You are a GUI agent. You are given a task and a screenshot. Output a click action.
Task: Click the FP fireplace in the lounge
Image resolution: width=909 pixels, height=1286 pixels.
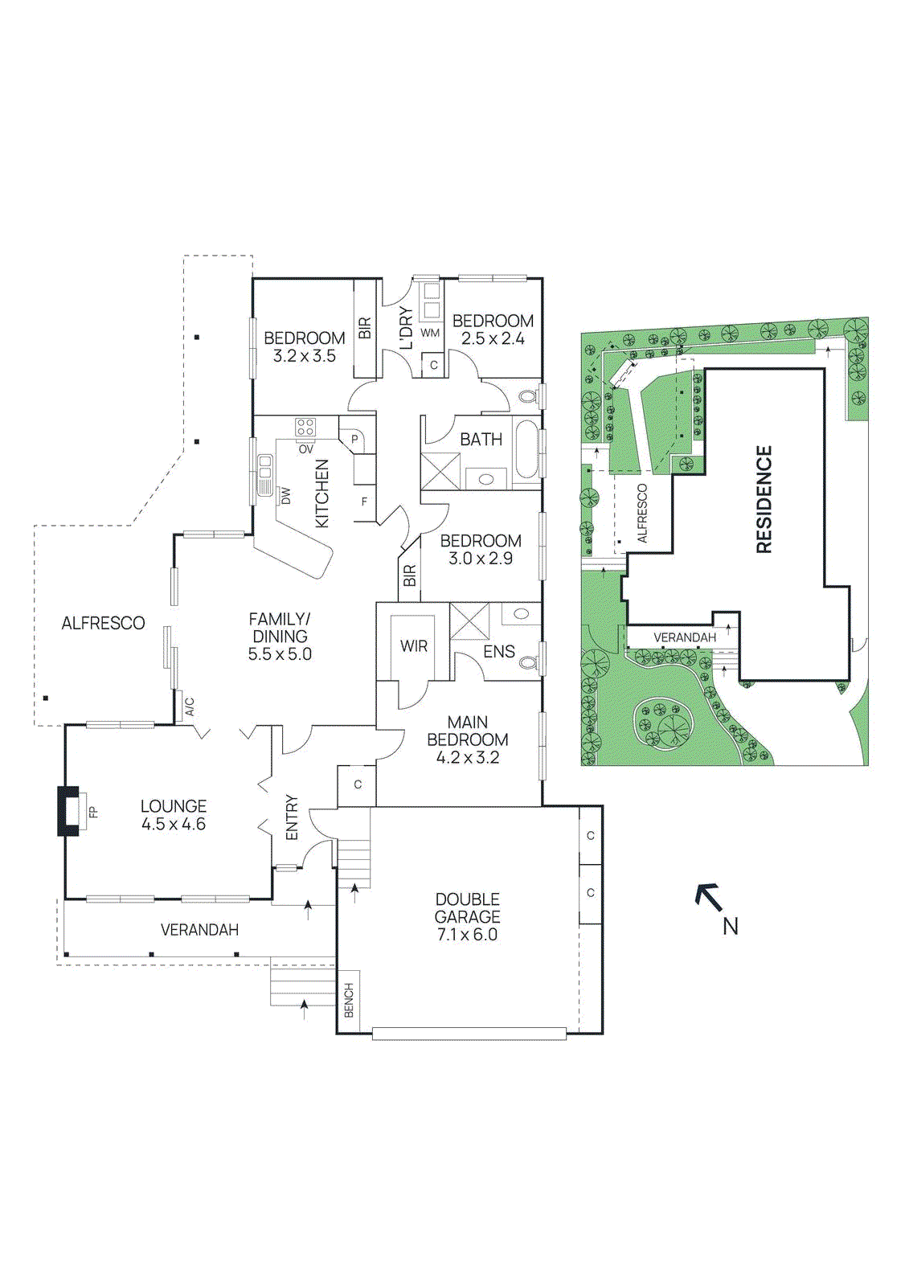pyautogui.click(x=72, y=811)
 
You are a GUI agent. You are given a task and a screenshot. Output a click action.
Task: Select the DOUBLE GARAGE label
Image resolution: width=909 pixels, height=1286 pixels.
pyautogui.click(x=467, y=907)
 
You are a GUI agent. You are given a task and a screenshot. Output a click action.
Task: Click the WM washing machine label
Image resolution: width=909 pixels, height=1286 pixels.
pyautogui.click(x=430, y=333)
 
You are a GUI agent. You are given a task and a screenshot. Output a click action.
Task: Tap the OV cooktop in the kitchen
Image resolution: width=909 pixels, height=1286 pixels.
pyautogui.click(x=305, y=428)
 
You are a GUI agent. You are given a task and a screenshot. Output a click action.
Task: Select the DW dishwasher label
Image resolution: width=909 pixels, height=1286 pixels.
pyautogui.click(x=285, y=497)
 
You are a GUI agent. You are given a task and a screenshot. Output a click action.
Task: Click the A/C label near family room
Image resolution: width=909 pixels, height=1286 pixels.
pyautogui.click(x=190, y=707)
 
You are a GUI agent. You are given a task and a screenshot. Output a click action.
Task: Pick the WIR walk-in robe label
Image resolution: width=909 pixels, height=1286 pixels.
pyautogui.click(x=414, y=646)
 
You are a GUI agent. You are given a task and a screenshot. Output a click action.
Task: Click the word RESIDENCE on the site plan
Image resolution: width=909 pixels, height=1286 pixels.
pyautogui.click(x=764, y=499)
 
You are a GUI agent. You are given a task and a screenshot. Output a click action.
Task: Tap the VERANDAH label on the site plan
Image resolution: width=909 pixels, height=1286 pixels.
pyautogui.click(x=684, y=637)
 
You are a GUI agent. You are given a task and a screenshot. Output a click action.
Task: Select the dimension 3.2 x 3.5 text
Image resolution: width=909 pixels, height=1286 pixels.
pyautogui.click(x=304, y=356)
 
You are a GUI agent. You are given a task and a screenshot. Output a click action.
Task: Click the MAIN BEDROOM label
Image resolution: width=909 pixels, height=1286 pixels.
pyautogui.click(x=467, y=731)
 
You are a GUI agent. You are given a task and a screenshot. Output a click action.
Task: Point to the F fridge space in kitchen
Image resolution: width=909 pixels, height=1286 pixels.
pyautogui.click(x=364, y=502)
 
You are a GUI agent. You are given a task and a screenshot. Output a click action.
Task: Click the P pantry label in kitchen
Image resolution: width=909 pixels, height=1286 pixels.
pyautogui.click(x=354, y=440)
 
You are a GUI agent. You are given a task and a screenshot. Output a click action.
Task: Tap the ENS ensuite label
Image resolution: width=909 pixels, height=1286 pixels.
pyautogui.click(x=498, y=651)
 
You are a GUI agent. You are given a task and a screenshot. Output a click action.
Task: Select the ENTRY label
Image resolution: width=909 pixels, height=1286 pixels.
pyautogui.click(x=292, y=817)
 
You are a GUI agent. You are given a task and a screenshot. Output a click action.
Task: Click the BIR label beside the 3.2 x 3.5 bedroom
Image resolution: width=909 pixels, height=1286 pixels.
pyautogui.click(x=365, y=327)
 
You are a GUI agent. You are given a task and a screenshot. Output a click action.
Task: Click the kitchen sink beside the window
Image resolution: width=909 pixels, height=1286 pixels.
pyautogui.click(x=264, y=474)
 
